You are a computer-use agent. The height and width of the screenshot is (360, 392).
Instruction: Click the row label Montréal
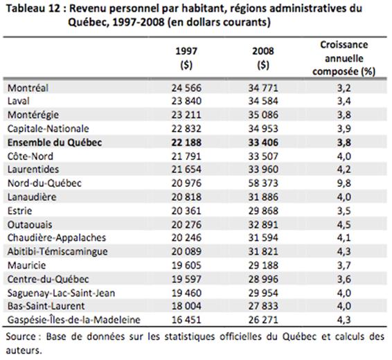[28, 88]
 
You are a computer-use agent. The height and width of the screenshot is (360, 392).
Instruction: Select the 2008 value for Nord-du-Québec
[263, 183]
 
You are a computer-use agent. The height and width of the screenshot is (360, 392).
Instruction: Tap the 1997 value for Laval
[186, 101]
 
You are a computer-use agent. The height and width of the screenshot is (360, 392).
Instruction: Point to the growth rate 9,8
[344, 183]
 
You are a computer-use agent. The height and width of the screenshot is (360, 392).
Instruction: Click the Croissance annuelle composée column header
[344, 58]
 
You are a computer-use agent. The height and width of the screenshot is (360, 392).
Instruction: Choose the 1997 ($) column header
[186, 58]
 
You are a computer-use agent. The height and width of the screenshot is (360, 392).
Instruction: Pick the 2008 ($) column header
[263, 58]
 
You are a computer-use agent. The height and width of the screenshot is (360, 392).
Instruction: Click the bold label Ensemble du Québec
[55, 143]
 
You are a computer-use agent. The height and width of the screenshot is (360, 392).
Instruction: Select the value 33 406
[263, 143]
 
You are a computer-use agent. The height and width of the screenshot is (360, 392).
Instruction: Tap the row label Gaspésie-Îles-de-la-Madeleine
[74, 320]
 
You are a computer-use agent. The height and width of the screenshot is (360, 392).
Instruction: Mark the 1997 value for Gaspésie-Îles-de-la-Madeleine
[186, 320]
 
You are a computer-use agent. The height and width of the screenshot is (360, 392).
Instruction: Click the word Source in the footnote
[21, 336]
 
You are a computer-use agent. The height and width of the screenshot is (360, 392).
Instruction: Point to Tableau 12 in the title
[33, 8]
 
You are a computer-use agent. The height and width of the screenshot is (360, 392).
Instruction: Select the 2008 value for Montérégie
[263, 115]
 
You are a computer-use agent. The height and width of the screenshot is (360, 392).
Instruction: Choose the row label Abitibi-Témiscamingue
[57, 251]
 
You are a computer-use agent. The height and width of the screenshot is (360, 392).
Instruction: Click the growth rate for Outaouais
[344, 224]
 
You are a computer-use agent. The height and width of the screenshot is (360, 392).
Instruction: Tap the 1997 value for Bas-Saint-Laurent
[186, 306]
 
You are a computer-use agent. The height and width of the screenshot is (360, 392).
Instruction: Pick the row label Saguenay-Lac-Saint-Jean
[61, 293]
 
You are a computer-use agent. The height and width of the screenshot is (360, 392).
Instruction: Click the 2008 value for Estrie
[263, 211]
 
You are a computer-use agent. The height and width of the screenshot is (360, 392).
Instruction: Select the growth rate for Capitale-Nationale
[344, 128]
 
